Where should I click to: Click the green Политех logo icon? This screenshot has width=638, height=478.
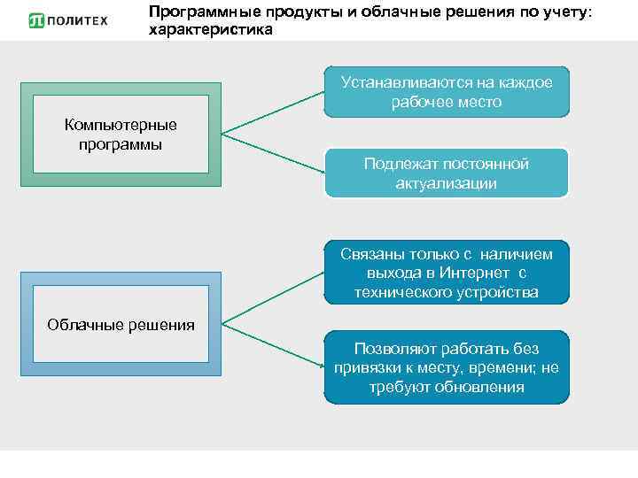36,19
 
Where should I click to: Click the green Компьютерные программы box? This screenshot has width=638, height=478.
121,134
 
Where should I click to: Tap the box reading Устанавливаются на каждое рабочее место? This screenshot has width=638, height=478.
447,92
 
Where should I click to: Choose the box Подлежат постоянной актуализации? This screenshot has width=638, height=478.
447,173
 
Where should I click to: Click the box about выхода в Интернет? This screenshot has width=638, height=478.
447,273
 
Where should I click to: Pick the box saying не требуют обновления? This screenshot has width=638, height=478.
447,367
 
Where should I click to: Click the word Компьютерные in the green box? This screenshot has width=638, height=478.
121,125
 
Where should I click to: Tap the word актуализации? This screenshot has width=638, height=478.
447,184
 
